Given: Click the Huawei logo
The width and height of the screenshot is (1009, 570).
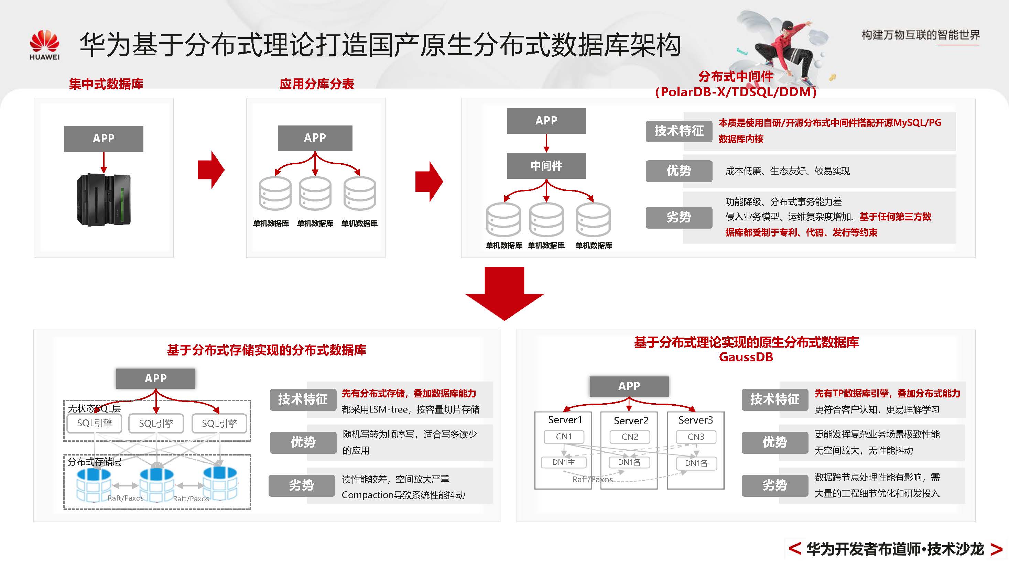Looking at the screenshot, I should pyautogui.click(x=44, y=45).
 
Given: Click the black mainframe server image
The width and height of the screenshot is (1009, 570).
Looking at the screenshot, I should pyautogui.click(x=104, y=200).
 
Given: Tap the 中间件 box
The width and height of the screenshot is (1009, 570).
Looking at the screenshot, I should pyautogui.click(x=546, y=166).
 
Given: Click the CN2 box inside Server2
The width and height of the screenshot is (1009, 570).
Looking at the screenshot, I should pyautogui.click(x=629, y=437).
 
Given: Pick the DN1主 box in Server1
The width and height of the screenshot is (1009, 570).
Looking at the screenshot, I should pyautogui.click(x=563, y=462).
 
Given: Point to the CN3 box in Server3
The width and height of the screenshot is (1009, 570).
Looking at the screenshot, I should pyautogui.click(x=696, y=437).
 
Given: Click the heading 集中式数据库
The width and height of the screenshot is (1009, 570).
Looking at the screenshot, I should pyautogui.click(x=106, y=84).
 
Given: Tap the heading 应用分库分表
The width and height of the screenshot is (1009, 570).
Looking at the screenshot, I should pyautogui.click(x=316, y=84).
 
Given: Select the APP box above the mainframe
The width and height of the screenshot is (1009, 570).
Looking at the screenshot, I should pyautogui.click(x=104, y=139).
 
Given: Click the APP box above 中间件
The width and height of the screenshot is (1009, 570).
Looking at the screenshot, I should pyautogui.click(x=546, y=121).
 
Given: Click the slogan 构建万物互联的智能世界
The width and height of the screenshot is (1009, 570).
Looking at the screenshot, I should pyautogui.click(x=921, y=35).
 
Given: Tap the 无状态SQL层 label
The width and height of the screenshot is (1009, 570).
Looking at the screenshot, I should pyautogui.click(x=94, y=408).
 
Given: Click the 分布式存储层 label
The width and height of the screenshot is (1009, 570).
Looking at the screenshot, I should pyautogui.click(x=94, y=462).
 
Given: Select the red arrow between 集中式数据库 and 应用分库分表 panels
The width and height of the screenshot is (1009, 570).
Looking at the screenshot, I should pyautogui.click(x=211, y=170).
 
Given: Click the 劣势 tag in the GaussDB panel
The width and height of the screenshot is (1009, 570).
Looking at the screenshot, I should pyautogui.click(x=774, y=485).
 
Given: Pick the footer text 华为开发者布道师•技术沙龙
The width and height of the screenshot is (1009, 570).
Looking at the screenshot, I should pyautogui.click(x=895, y=549).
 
